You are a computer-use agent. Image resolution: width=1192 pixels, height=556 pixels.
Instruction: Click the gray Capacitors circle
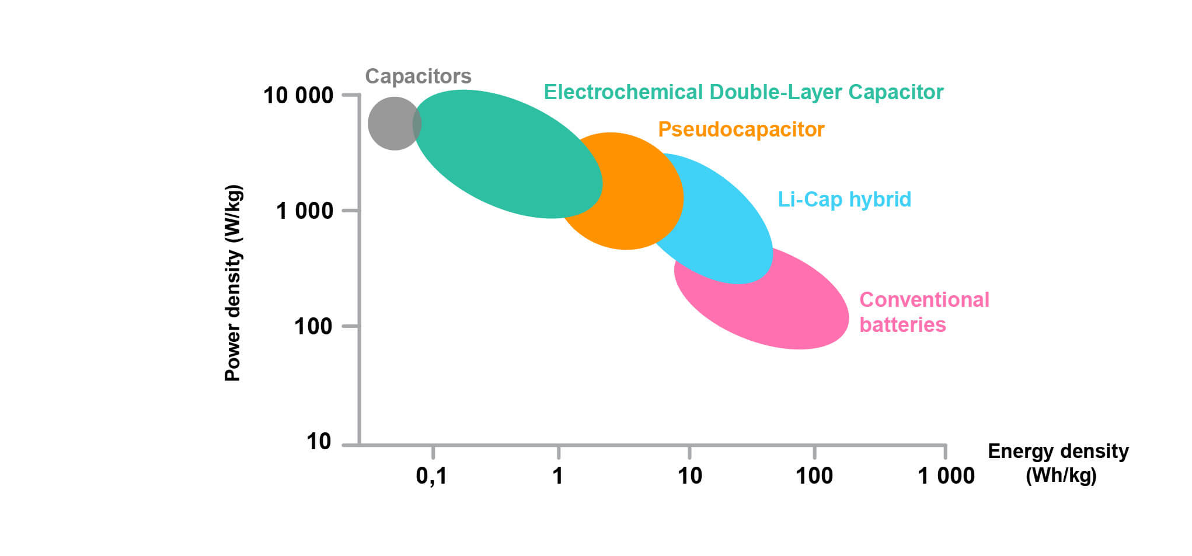(389, 124)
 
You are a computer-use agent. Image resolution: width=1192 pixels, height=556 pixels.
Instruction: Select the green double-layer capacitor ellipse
(502, 155)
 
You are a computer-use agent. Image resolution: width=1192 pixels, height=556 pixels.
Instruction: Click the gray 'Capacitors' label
(418, 76)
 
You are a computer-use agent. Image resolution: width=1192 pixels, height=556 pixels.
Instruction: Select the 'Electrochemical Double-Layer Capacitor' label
(743, 92)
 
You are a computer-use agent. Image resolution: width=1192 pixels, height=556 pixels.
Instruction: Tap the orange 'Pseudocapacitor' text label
(741, 130)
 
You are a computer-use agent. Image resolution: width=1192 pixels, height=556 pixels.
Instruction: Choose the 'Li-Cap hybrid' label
(844, 200)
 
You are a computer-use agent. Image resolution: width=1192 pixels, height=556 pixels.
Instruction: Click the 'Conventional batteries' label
(924, 312)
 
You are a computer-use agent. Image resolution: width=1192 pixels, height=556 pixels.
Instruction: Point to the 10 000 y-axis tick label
(298, 96)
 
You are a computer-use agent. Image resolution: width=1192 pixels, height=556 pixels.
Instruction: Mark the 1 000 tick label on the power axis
(304, 211)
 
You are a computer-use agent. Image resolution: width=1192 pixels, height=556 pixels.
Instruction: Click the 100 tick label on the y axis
(313, 327)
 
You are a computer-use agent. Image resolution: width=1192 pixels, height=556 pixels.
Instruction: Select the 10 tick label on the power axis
(319, 442)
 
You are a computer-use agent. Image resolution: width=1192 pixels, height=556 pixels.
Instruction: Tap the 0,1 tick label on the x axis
(431, 476)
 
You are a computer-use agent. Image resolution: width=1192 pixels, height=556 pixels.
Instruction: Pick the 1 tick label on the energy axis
(558, 476)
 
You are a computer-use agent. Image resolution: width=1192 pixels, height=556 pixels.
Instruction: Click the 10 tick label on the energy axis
(689, 476)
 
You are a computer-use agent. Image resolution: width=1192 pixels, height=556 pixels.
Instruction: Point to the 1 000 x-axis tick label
(946, 476)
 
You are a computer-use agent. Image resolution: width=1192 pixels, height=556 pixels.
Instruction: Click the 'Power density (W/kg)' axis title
(233, 283)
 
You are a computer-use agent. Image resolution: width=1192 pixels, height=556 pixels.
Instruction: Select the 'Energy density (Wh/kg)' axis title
(1058, 463)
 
